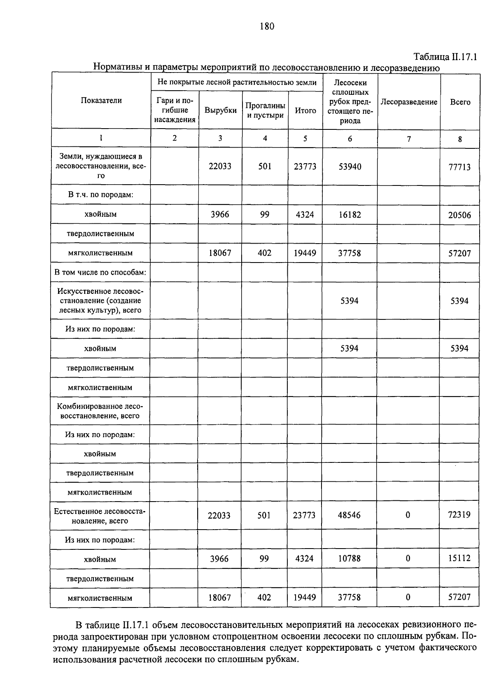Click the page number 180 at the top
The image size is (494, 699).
267,27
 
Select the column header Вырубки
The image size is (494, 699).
221,110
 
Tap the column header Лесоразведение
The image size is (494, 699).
409,102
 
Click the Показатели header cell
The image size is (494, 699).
101,101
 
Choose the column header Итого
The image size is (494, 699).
305,110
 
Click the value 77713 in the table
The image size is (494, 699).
459,167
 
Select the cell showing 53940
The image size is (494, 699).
350,167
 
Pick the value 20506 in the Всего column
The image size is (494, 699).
459,215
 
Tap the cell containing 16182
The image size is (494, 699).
350,214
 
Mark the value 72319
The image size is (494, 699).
459,515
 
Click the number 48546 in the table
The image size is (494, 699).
349,515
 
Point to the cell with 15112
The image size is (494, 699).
459,558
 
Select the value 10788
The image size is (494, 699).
349,558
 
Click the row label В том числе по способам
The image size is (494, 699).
100,272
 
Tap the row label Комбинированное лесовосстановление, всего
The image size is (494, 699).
100,411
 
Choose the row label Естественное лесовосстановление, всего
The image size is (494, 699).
100,516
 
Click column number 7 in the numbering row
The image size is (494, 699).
409,139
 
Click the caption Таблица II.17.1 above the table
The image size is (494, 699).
445,57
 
